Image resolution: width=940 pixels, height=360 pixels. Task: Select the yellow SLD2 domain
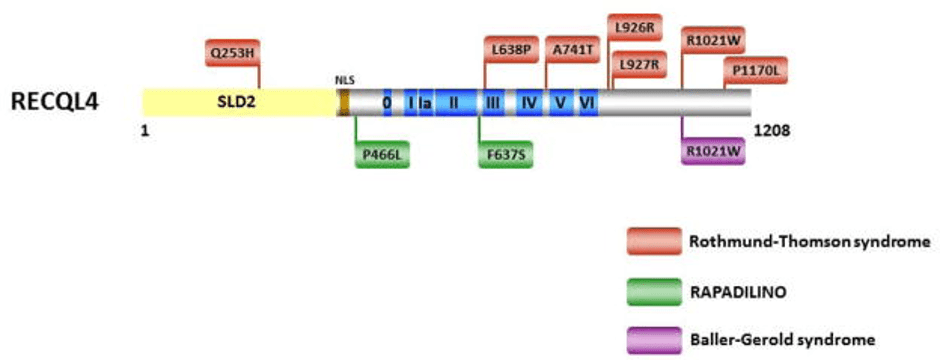[239, 102]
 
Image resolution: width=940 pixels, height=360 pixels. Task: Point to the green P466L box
[382, 156]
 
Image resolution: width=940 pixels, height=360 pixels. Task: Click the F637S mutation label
[506, 156]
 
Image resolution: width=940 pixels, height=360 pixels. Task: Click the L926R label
[635, 27]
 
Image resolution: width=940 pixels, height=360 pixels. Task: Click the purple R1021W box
[713, 150]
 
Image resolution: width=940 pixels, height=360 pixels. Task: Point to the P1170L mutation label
[755, 71]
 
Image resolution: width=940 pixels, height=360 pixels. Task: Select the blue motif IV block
[529, 102]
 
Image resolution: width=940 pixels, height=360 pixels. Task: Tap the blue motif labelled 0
[387, 102]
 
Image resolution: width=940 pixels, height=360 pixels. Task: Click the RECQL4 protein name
[55, 102]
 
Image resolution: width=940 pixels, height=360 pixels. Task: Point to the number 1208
[771, 130]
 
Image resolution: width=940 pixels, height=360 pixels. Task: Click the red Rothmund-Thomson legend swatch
[654, 241]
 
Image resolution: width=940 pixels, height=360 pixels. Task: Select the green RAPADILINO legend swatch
[654, 292]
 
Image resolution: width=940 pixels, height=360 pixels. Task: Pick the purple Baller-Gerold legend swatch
[654, 340]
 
